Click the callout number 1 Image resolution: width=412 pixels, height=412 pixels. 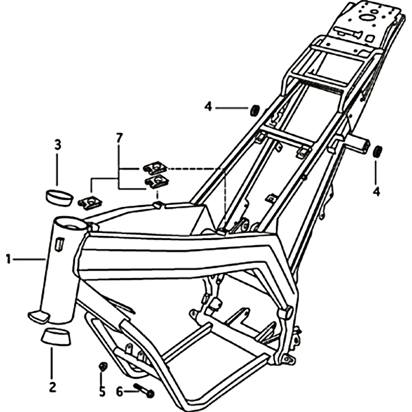point(8,259)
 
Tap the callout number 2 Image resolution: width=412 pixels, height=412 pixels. point(53,387)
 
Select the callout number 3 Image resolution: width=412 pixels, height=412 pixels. point(58,145)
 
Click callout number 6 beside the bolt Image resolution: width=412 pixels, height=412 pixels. point(119,392)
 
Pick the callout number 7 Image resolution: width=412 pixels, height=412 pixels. point(119,138)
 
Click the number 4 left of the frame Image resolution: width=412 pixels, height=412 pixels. point(208,107)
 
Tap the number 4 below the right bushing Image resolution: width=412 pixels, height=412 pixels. point(376,192)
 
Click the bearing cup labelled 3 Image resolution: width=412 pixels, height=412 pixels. point(60,198)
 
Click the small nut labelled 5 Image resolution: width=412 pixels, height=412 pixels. point(102,366)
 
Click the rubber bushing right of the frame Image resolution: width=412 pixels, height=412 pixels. point(377,151)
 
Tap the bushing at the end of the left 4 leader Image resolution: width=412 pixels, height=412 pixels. point(254,110)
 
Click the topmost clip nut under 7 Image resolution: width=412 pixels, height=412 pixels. point(155,168)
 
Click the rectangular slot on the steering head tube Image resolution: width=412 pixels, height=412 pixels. point(59,244)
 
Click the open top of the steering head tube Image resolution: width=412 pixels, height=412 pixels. point(71,224)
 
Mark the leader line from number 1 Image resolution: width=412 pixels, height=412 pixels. point(29,260)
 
